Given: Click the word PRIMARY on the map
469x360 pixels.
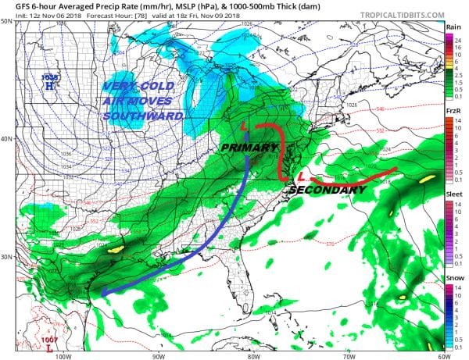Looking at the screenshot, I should (249, 147).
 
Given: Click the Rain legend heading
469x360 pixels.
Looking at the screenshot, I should (453, 27).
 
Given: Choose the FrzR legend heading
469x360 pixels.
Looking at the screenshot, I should (453, 110).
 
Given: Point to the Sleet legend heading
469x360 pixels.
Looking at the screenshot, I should (453, 194).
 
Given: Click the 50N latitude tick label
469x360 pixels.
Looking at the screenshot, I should (6, 21).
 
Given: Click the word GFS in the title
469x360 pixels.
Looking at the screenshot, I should (12, 6).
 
